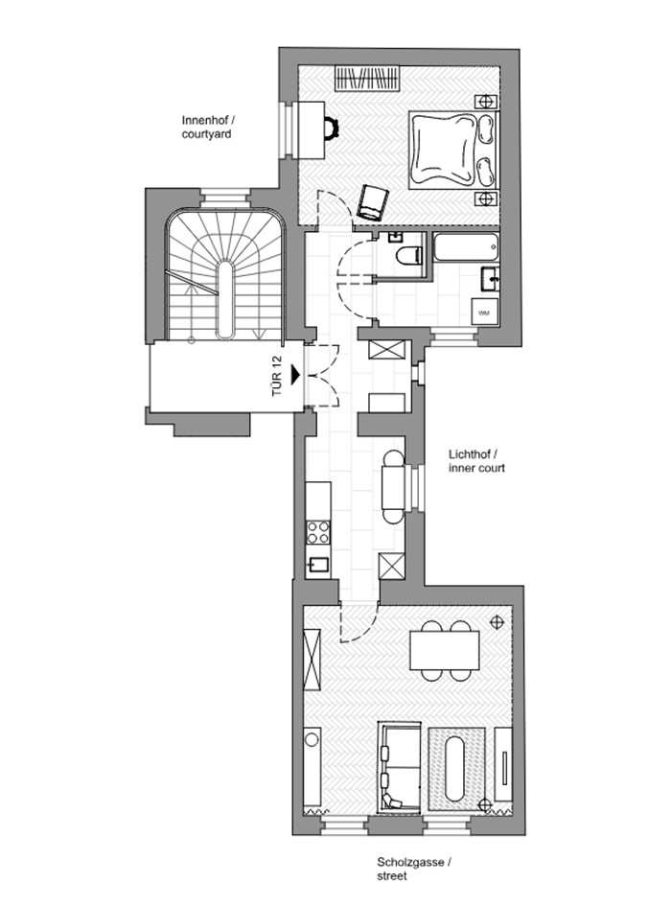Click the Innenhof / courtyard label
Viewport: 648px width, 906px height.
click(209, 128)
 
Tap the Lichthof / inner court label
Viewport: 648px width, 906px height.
click(476, 461)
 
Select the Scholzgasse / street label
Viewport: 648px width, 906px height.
click(414, 869)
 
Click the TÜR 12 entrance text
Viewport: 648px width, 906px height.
click(277, 376)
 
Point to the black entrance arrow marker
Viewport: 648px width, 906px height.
click(295, 375)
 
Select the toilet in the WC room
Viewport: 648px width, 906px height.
click(409, 255)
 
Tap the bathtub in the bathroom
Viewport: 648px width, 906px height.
click(466, 246)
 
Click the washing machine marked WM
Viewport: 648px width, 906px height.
click(484, 313)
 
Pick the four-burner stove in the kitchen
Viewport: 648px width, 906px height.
click(318, 532)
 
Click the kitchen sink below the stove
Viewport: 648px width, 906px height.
click(318, 564)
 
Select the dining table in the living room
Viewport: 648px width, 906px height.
click(444, 650)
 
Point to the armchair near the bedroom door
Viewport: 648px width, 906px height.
click(373, 201)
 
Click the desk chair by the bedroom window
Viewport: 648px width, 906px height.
click(331, 129)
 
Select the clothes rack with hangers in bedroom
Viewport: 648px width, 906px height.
click(368, 79)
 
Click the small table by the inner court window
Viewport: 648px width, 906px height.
click(395, 487)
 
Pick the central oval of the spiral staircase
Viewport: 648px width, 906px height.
click(225, 299)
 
